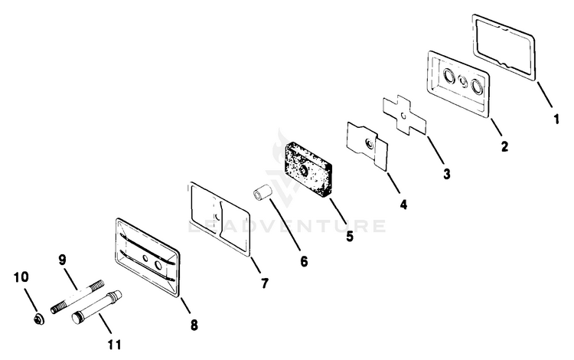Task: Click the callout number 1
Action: click(x=556, y=119)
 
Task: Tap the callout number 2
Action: click(x=505, y=146)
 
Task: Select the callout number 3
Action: click(x=447, y=175)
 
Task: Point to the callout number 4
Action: click(x=403, y=205)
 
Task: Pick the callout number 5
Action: click(x=350, y=236)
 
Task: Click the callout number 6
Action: click(x=304, y=261)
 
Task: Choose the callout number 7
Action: click(x=264, y=283)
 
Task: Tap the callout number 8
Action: click(x=194, y=325)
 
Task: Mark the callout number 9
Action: click(x=62, y=260)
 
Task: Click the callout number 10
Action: click(x=21, y=277)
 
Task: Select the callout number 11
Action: click(x=114, y=345)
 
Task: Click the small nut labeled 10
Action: click(x=38, y=319)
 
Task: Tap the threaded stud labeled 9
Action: click(x=77, y=296)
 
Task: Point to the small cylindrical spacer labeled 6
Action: click(x=262, y=194)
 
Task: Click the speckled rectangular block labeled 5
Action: click(x=308, y=169)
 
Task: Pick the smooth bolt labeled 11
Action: click(x=96, y=307)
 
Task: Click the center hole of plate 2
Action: click(x=463, y=81)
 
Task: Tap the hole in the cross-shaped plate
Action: click(x=403, y=116)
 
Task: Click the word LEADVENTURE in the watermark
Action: click(x=287, y=226)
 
